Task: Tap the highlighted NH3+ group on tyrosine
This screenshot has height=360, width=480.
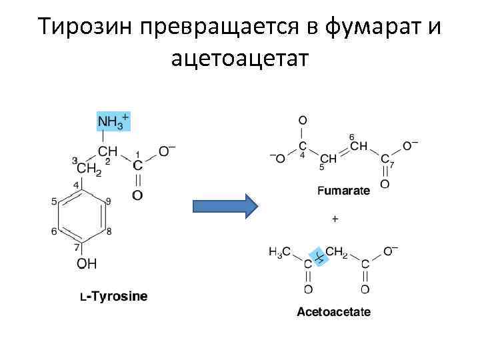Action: point(113,122)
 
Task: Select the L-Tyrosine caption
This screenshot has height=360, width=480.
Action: point(114,296)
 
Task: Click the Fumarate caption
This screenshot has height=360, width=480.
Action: point(343,191)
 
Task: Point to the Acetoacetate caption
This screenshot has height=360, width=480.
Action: point(333,311)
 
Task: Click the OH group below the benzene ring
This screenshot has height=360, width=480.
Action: point(87,264)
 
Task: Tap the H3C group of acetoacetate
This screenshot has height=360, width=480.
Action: point(279,252)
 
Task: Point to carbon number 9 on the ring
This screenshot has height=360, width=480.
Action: point(109,201)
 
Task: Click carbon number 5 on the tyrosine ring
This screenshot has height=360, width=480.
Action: point(54,201)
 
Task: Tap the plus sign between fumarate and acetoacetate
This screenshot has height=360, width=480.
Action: point(335,218)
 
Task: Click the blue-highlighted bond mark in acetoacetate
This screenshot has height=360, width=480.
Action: point(319,257)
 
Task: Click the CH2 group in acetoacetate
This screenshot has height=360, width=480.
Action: point(337,252)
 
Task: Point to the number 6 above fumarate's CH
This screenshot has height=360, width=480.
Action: point(351,137)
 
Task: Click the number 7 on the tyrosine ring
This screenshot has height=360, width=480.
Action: point(77,247)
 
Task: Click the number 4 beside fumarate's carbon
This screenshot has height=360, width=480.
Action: point(302,155)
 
